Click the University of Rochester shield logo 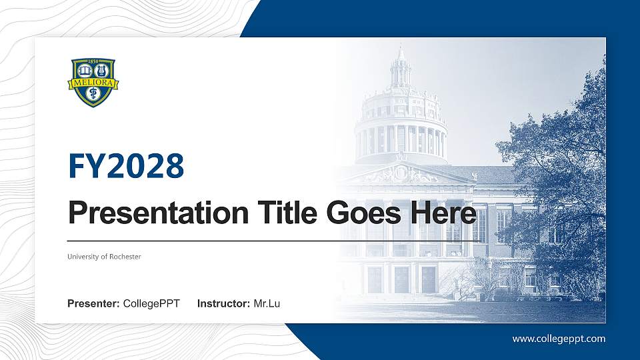coord(93,82)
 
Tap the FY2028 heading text coord(126,167)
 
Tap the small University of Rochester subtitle coord(104,257)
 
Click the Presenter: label coord(93,304)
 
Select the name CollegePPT coord(151,304)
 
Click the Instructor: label coord(224,304)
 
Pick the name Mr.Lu coord(267,304)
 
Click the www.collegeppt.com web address coord(559,339)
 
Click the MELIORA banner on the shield coord(93,84)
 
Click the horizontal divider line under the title coord(273,241)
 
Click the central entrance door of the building coord(401,279)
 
